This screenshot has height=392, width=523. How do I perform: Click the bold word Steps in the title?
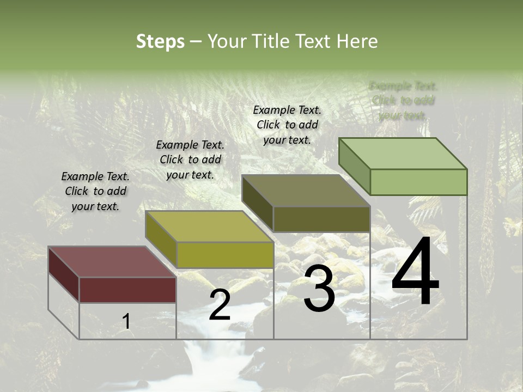tap(160, 41)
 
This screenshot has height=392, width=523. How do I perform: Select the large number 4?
tap(415, 272)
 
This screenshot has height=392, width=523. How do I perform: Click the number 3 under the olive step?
tap(319, 290)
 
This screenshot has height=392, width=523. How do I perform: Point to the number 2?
tap(220, 305)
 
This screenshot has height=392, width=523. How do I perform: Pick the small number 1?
tap(126, 321)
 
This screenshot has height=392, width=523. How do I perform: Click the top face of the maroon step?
tap(112, 262)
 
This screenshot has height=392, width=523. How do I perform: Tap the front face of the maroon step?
tap(127, 290)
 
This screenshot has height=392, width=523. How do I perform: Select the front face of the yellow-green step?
tap(225, 255)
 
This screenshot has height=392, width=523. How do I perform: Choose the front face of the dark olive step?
tap(321, 219)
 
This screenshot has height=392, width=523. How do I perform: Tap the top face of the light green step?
tap(403, 153)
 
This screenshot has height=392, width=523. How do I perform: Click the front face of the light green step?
tap(418, 182)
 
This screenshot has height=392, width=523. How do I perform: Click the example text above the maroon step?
tap(95, 192)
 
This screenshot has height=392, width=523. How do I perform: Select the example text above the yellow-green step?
tap(190, 160)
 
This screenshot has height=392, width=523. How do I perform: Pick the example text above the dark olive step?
tap(287, 125)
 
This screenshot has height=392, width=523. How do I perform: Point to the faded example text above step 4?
tap(403, 101)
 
